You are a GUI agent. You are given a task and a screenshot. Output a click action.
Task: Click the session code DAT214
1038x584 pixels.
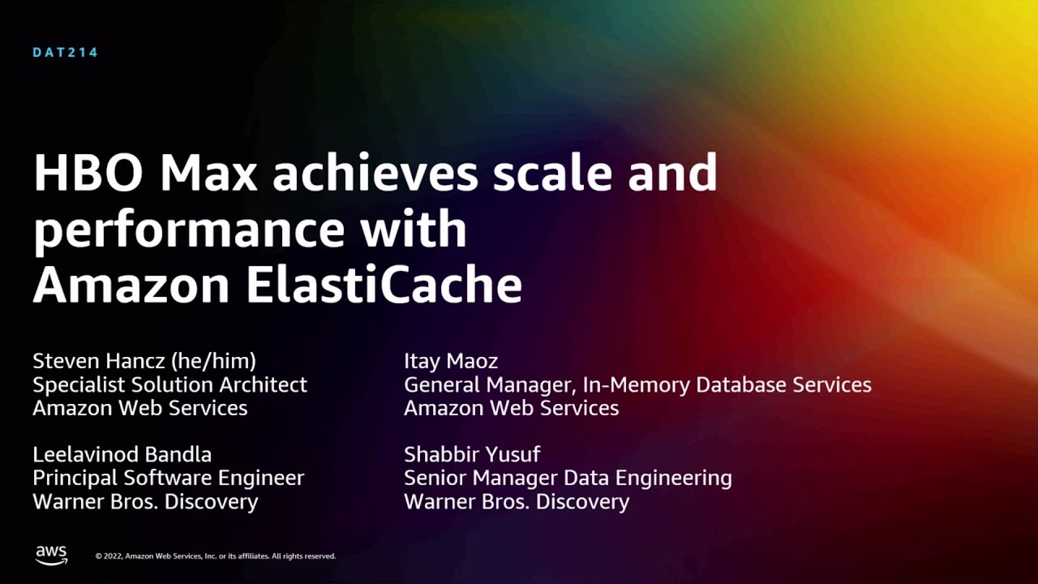click(x=65, y=53)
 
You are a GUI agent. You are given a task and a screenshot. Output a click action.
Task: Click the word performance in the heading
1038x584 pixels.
click(x=188, y=230)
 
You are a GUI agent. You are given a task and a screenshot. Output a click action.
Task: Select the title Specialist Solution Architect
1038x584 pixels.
click(x=169, y=384)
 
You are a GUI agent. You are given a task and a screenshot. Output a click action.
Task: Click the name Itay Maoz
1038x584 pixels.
click(x=451, y=361)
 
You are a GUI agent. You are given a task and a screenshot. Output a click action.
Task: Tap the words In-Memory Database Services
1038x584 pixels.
click(x=727, y=384)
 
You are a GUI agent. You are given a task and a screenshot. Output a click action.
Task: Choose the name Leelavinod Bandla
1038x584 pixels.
click(x=122, y=454)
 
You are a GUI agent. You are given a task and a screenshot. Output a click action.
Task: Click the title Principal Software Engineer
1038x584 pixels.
click(x=168, y=478)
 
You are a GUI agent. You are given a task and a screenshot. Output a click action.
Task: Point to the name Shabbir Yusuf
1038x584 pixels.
click(x=472, y=454)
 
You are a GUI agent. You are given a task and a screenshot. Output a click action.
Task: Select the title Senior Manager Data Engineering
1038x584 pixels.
click(x=568, y=478)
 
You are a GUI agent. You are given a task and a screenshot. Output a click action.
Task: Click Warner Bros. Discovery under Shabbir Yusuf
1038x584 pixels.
click(x=517, y=501)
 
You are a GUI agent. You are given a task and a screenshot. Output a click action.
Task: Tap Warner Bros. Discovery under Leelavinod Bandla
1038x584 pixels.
click(x=145, y=501)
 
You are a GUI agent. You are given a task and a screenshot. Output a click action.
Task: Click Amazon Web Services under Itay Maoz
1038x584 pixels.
click(x=511, y=408)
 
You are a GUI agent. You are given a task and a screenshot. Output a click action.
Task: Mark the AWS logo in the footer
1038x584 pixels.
click(x=51, y=555)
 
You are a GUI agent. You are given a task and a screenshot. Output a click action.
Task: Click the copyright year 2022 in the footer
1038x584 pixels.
click(x=113, y=556)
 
